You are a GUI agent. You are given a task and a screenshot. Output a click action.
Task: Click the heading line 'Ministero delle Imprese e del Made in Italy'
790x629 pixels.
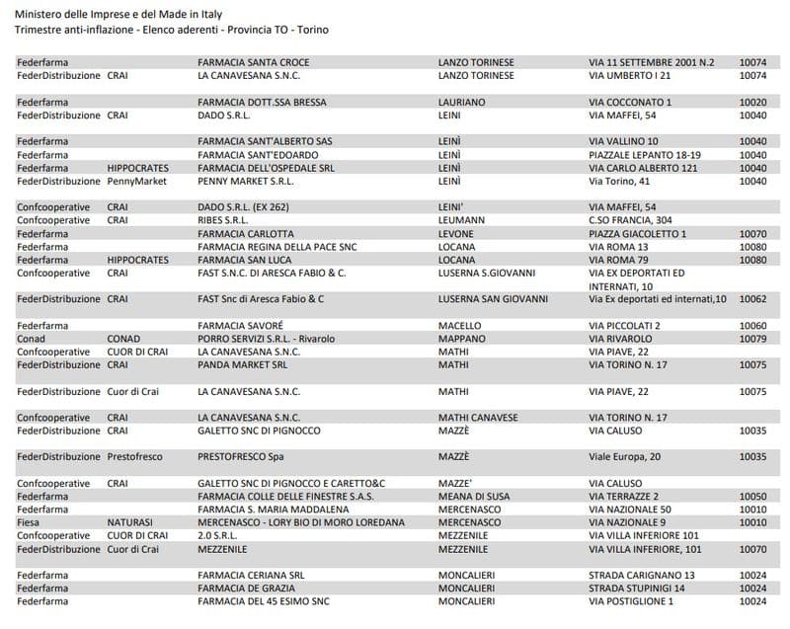pyautogui.click(x=118, y=13)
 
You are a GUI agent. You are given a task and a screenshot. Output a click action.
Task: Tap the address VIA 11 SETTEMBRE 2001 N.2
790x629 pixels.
pyautogui.click(x=651, y=62)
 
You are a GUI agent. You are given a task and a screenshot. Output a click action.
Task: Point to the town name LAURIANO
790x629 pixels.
pyautogui.click(x=461, y=102)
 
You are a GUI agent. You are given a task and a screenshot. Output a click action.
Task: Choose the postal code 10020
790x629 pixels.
pyautogui.click(x=752, y=102)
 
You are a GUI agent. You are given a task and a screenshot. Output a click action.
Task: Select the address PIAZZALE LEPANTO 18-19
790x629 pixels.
pyautogui.click(x=644, y=155)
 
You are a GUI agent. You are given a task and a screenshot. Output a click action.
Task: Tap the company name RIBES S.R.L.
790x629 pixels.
pyautogui.click(x=222, y=220)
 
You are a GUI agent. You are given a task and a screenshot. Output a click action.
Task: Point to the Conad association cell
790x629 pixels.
pyautogui.click(x=31, y=339)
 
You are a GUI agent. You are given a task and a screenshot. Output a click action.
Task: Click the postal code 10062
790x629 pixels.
pyautogui.click(x=752, y=298)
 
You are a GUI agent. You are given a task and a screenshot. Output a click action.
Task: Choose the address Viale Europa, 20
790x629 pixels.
pyautogui.click(x=624, y=457)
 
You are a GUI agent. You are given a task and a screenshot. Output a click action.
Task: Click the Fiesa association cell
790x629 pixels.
pyautogui.click(x=29, y=522)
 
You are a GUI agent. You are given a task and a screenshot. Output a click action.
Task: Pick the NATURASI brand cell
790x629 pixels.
pyautogui.click(x=130, y=522)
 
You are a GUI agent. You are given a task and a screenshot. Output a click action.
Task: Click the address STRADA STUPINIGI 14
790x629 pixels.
pyautogui.click(x=642, y=588)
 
